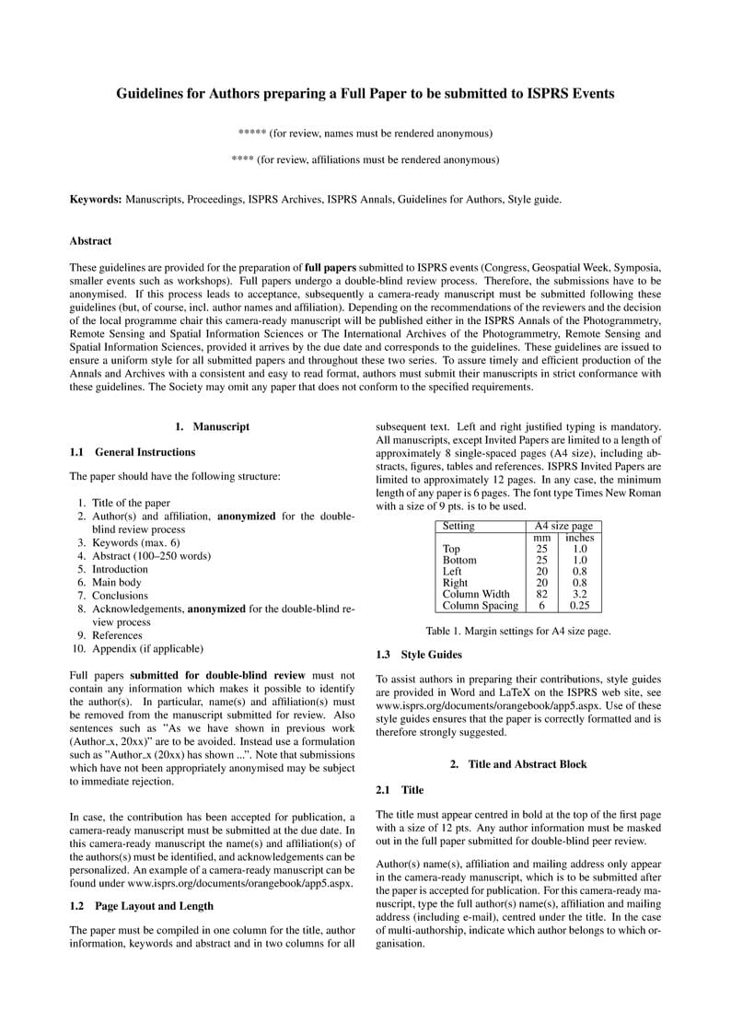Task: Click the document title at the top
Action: [365, 93]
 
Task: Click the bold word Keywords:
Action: [96, 199]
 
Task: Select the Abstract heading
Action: [90, 241]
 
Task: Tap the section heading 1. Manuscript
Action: [212, 426]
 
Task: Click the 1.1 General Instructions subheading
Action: [132, 452]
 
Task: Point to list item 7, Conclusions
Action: [120, 596]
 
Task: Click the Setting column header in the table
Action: [458, 526]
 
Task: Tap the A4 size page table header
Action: [563, 526]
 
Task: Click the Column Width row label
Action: [475, 594]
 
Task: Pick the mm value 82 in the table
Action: [541, 594]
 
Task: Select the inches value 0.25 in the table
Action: [579, 606]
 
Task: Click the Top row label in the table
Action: [452, 549]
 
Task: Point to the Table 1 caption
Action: [518, 632]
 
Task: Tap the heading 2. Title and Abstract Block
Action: [517, 764]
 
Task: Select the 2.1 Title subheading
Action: [400, 790]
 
